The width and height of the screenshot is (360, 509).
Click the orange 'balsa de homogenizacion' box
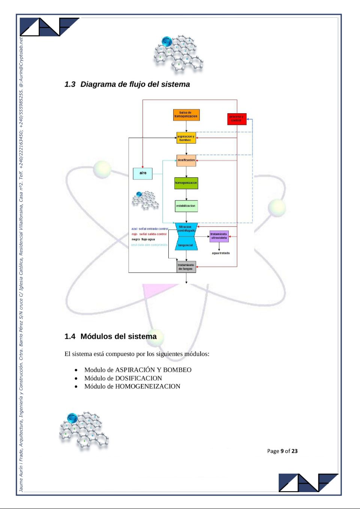[186, 115]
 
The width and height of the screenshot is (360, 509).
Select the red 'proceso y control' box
[237, 119]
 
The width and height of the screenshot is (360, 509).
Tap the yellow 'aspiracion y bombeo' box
[186, 138]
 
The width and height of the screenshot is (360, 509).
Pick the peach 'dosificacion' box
[186, 160]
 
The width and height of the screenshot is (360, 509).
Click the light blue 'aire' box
[143, 173]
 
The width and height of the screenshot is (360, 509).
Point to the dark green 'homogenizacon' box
[186, 183]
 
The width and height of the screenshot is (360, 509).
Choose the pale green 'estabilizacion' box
[186, 206]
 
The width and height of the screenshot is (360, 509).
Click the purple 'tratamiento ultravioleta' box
[219, 236]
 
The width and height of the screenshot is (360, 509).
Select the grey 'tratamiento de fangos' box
[186, 267]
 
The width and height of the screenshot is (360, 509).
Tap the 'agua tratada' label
[220, 253]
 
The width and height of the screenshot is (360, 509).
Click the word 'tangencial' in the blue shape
[186, 245]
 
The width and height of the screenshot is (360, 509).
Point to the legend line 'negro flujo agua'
[143, 239]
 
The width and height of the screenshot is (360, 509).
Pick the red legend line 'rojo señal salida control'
[149, 234]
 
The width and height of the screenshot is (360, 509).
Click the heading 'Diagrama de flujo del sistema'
[135, 84]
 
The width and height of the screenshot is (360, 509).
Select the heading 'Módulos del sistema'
[118, 336]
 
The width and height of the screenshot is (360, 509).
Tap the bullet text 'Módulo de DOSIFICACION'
[123, 378]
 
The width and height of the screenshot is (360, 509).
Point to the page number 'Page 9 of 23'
[282, 451]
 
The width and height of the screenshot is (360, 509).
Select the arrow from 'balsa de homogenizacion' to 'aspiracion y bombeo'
[186, 126]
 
